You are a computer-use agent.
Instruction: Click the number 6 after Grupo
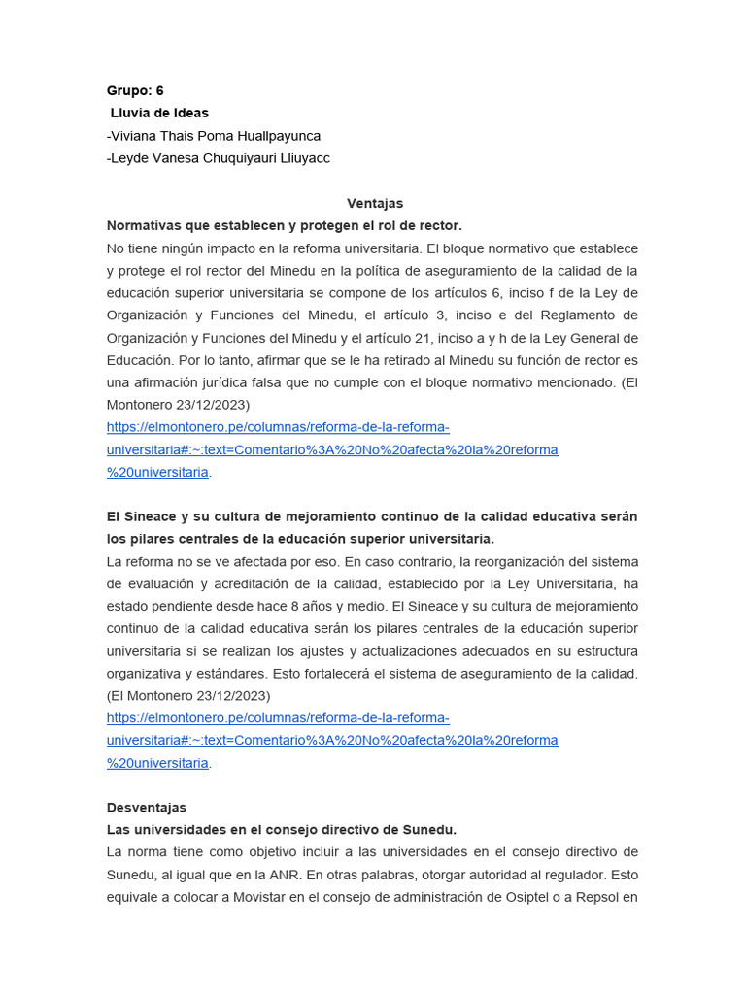click(159, 90)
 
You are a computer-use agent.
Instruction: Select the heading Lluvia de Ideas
click(159, 113)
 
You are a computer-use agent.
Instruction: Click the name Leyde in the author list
click(129, 158)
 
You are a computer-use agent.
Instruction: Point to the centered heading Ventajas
click(375, 203)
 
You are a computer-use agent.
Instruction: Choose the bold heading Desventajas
click(147, 808)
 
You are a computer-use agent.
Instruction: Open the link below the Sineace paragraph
click(332, 740)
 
